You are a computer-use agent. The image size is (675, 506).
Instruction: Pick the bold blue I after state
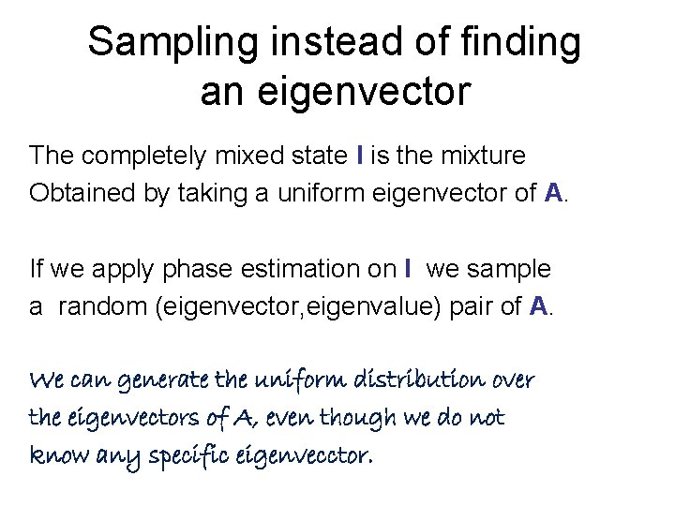pos(361,155)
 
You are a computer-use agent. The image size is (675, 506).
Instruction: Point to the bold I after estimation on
pos(409,269)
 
